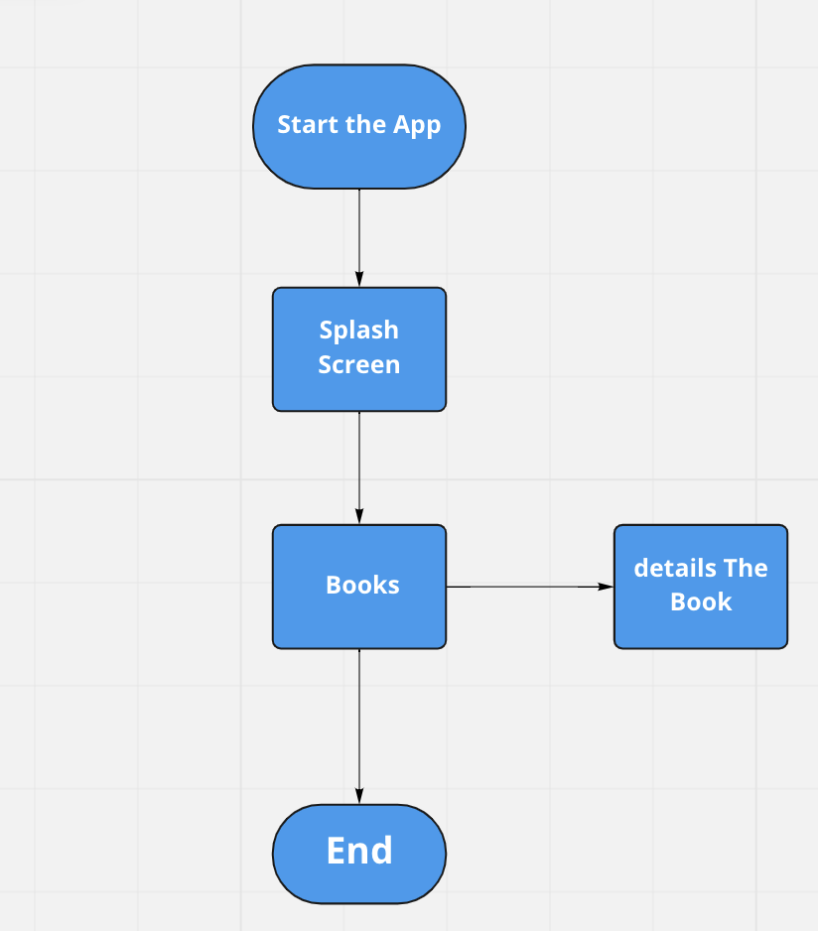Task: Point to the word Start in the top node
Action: click(303, 125)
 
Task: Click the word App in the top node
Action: click(417, 126)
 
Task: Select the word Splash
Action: click(358, 330)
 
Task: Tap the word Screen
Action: click(358, 364)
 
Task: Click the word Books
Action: click(362, 585)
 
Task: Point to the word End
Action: click(359, 851)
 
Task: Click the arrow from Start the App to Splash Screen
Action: click(359, 233)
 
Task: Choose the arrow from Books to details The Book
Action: click(526, 587)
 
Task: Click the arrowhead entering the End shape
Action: click(359, 796)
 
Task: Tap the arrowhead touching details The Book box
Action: click(606, 587)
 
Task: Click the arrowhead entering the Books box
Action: click(359, 516)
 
